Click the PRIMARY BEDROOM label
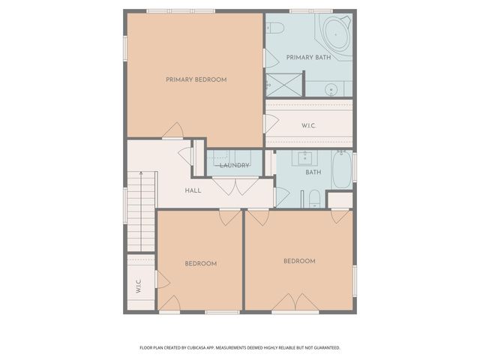pyautogui.click(x=196, y=79)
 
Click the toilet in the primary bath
pyautogui.click(x=275, y=28)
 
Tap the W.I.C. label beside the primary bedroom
pyautogui.click(x=308, y=125)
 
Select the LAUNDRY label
pyautogui.click(x=234, y=165)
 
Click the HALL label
pyautogui.click(x=193, y=190)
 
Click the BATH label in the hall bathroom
pyautogui.click(x=313, y=172)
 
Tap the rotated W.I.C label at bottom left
pyautogui.click(x=139, y=286)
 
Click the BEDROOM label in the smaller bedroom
pyautogui.click(x=201, y=263)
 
